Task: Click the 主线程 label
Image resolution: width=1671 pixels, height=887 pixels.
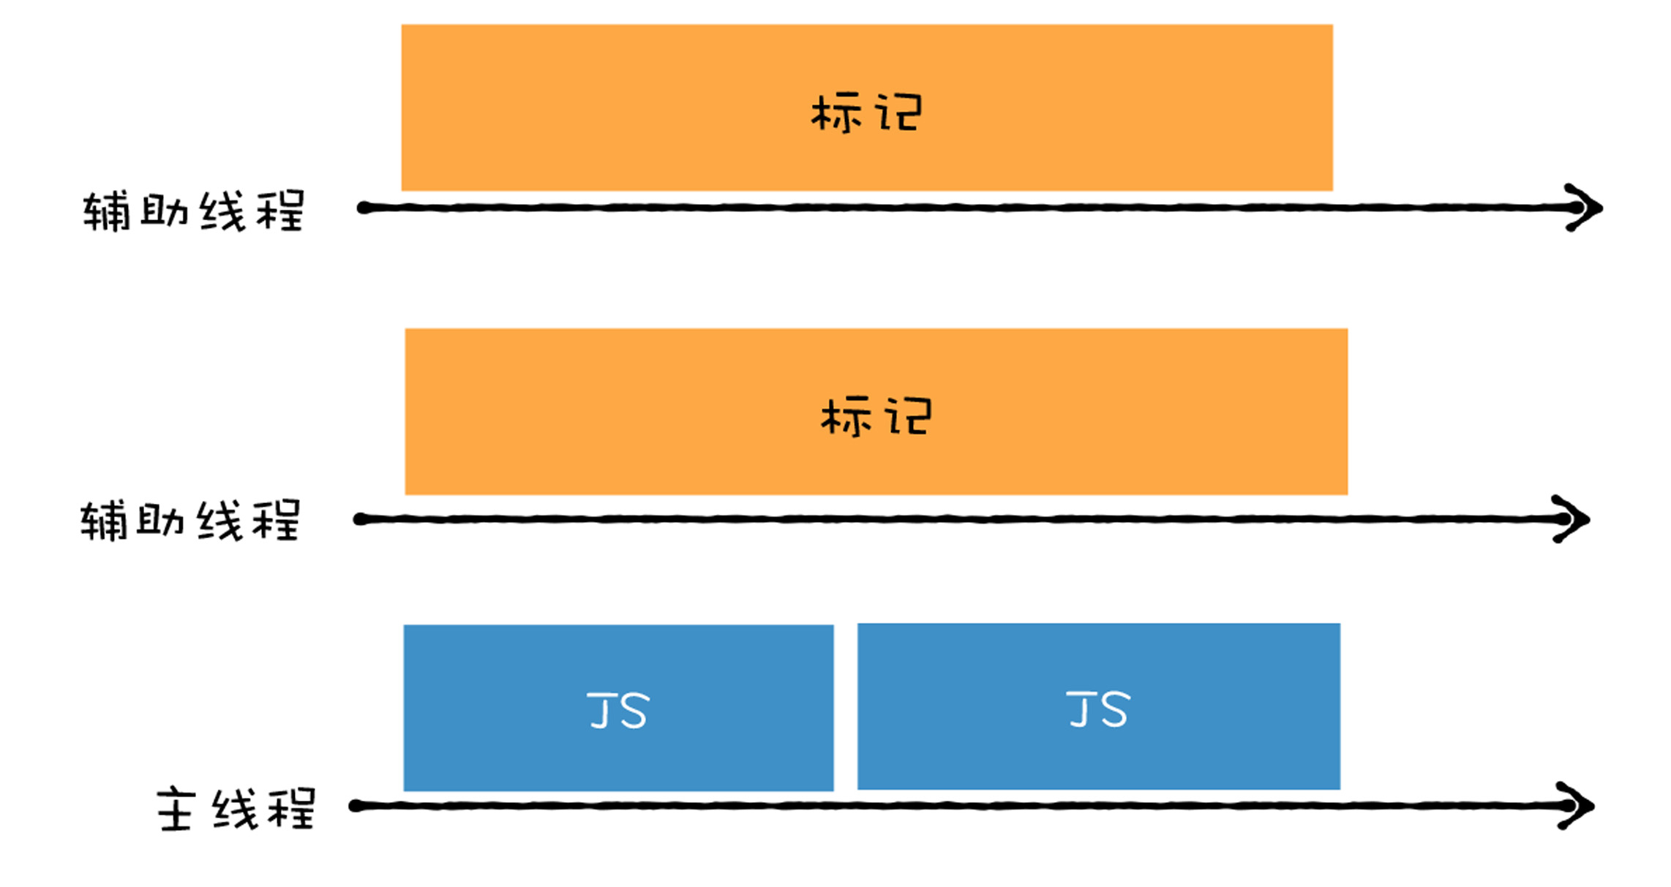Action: [x=236, y=808]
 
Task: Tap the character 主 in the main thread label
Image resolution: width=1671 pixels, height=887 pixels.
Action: [x=176, y=809]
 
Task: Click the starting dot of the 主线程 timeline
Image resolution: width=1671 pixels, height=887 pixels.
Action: [x=356, y=806]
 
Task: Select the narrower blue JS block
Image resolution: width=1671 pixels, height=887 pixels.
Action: [x=618, y=707]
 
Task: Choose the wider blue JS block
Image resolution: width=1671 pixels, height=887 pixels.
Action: [x=1098, y=706]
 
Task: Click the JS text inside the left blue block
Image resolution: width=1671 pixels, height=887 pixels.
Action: [x=618, y=710]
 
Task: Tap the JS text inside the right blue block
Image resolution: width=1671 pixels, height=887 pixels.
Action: [x=1098, y=709]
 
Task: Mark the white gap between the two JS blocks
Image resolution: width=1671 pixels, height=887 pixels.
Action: [x=846, y=707]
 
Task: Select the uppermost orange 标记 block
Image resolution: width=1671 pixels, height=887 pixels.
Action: [x=867, y=107]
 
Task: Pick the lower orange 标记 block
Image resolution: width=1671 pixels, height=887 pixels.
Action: [x=876, y=412]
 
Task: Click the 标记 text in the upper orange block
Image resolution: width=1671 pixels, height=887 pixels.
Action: [x=867, y=113]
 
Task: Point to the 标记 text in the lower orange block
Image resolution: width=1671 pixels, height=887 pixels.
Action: [x=876, y=417]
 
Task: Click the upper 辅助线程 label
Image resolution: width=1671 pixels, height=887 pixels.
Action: [x=193, y=211]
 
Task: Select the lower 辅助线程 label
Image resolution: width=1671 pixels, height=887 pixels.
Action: [x=190, y=520]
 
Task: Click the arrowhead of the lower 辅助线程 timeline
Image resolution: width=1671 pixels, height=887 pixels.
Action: [x=1574, y=519]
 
